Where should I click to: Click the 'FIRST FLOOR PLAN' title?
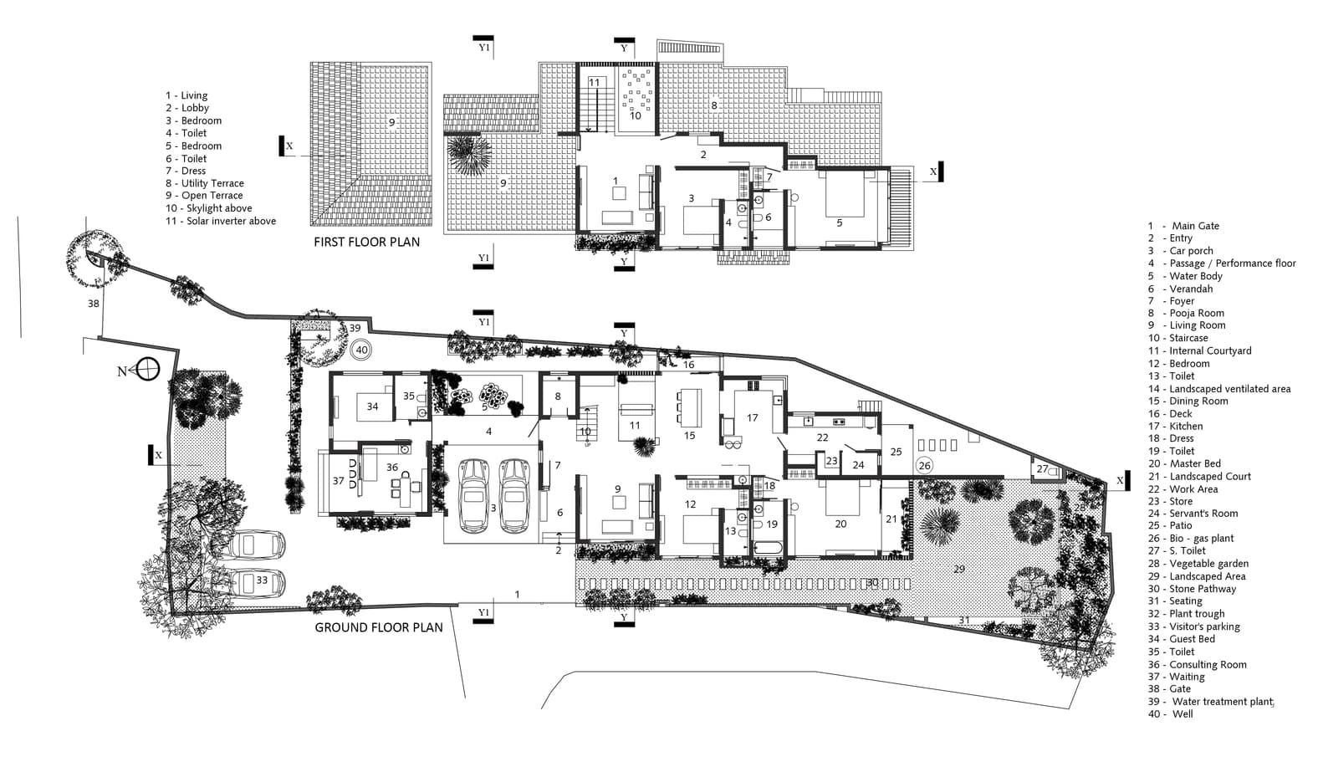point(367,242)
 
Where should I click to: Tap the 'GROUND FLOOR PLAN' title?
point(379,627)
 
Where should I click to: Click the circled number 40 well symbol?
point(361,350)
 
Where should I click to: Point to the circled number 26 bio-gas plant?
point(924,465)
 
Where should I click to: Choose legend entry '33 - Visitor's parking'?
point(1193,626)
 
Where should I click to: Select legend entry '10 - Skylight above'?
point(208,208)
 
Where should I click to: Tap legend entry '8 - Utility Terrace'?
point(204,183)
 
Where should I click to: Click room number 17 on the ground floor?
point(752,417)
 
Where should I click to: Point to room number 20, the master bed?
point(840,524)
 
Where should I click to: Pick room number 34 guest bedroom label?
point(372,407)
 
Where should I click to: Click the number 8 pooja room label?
point(558,396)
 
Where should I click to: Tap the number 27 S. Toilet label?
point(1043,469)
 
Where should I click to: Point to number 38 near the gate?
point(94,304)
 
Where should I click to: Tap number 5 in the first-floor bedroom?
point(840,222)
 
